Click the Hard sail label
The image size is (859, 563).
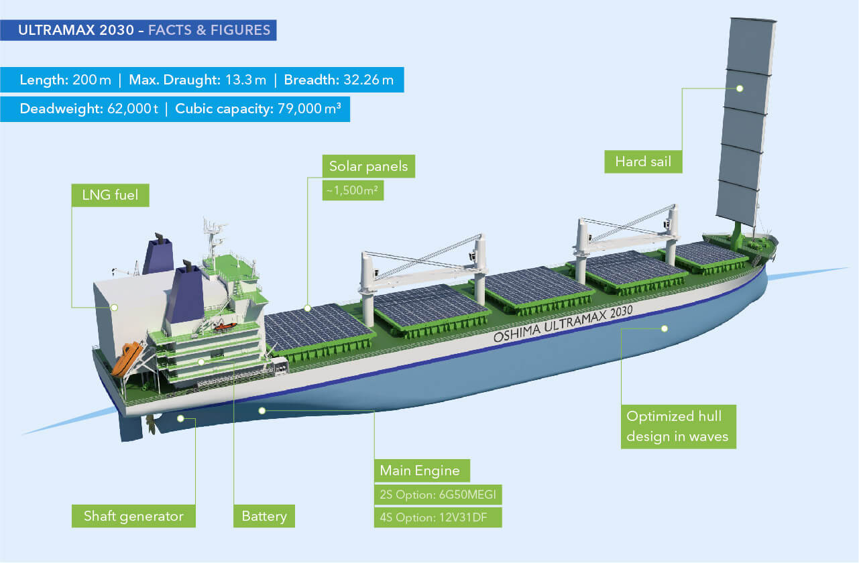[643, 162]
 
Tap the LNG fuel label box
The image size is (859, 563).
[110, 196]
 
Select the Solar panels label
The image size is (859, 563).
[368, 166]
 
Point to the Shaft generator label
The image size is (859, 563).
[133, 516]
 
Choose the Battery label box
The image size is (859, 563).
[264, 516]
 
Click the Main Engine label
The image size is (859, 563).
[420, 471]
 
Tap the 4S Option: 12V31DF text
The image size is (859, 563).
[437, 517]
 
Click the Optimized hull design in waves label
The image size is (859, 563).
[678, 426]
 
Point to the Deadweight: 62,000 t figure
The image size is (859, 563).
[89, 109]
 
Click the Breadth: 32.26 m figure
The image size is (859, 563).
[339, 81]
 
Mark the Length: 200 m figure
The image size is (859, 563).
[65, 81]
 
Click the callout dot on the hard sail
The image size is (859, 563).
[740, 88]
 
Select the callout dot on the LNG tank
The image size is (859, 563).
[114, 308]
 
